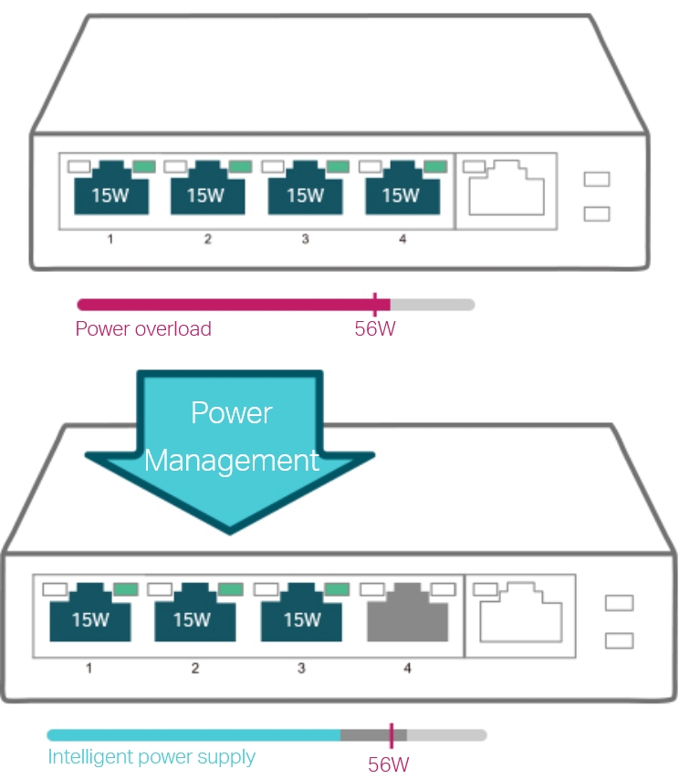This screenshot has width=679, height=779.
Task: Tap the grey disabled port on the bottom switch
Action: [407, 617]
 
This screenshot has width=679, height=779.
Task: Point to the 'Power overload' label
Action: [143, 329]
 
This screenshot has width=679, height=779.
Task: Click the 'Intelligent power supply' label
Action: [151, 757]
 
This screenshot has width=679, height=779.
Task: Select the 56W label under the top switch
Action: [375, 329]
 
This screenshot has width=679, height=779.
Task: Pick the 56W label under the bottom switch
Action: [389, 764]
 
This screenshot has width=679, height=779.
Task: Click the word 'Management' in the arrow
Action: [232, 460]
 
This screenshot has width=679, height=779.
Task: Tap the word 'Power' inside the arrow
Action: [232, 413]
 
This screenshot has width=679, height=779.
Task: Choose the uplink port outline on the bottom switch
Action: [519, 613]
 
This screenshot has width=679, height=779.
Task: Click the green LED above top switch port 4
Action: [435, 167]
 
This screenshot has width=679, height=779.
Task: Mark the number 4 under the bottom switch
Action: [407, 669]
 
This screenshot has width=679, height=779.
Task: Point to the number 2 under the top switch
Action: [208, 240]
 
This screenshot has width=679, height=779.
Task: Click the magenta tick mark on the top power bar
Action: [374, 304]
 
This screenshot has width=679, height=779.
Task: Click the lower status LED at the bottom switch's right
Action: [619, 639]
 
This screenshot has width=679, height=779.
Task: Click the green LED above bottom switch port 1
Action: [126, 589]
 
